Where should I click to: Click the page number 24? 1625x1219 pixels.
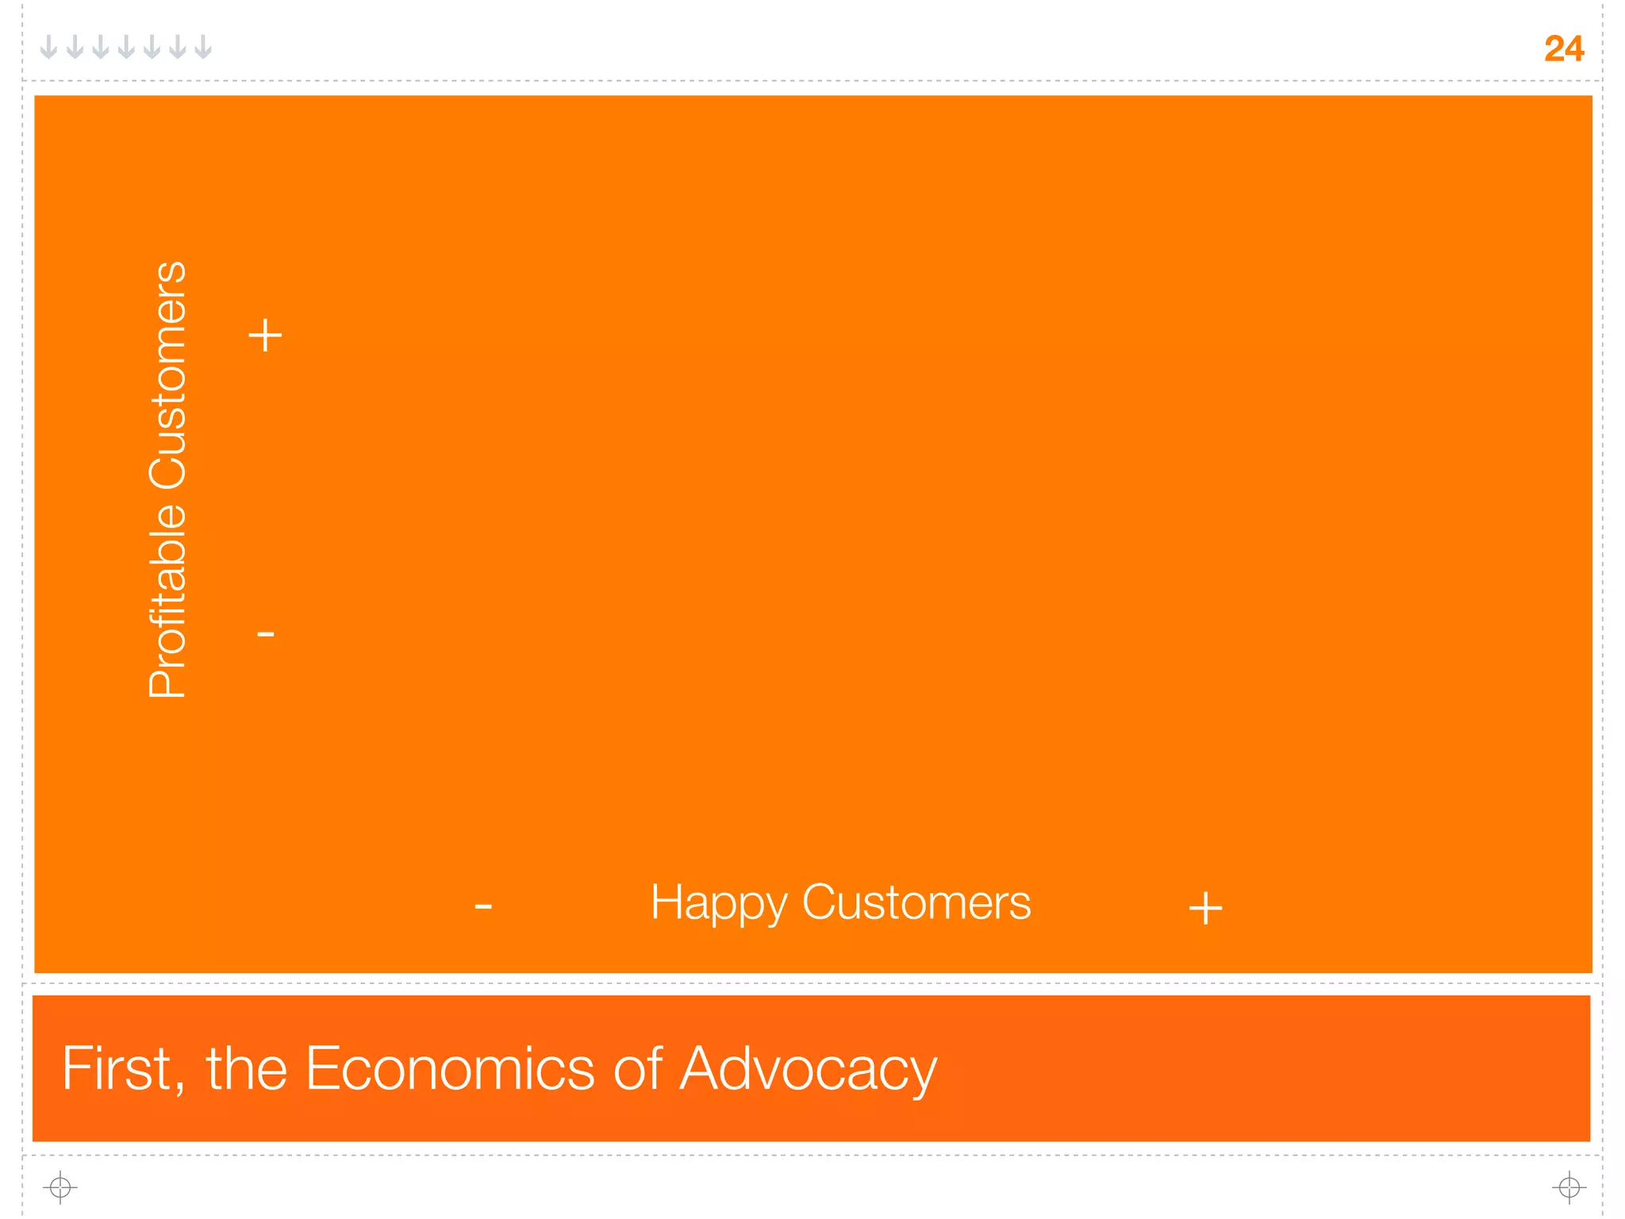pos(1563,49)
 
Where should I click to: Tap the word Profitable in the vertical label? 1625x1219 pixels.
pos(167,601)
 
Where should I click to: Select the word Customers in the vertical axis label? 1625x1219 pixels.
pos(167,374)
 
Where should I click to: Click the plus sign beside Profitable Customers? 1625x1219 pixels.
pos(265,335)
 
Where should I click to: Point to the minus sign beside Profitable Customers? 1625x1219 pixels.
pos(266,633)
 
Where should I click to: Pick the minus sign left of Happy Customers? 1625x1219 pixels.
pos(483,906)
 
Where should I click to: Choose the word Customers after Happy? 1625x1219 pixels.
pos(916,902)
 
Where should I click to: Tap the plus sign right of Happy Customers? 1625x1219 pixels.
pos(1205,908)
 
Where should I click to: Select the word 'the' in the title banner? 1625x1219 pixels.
pos(246,1068)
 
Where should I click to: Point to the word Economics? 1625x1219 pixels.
pos(450,1068)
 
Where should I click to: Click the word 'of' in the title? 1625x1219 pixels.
pos(638,1068)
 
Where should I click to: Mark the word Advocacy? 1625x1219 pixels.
pos(809,1070)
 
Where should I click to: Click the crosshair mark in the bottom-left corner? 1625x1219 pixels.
pos(60,1187)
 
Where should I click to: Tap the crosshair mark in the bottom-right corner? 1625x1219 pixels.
pos(1569,1187)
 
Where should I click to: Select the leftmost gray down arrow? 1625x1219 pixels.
pos(49,47)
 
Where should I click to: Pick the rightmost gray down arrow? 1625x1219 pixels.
pos(203,47)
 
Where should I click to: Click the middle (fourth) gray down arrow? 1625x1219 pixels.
pos(126,47)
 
